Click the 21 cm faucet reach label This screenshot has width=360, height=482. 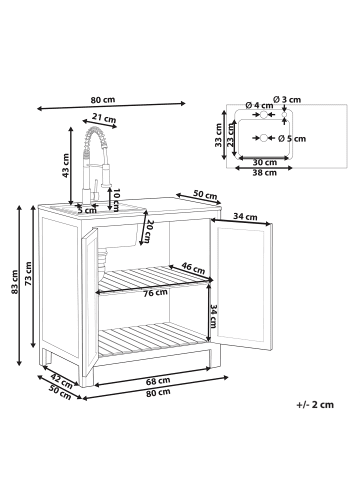click(x=97, y=117)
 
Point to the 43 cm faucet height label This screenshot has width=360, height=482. click(x=67, y=171)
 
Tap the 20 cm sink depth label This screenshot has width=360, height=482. click(x=148, y=231)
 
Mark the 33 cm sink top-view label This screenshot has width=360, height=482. click(x=219, y=135)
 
